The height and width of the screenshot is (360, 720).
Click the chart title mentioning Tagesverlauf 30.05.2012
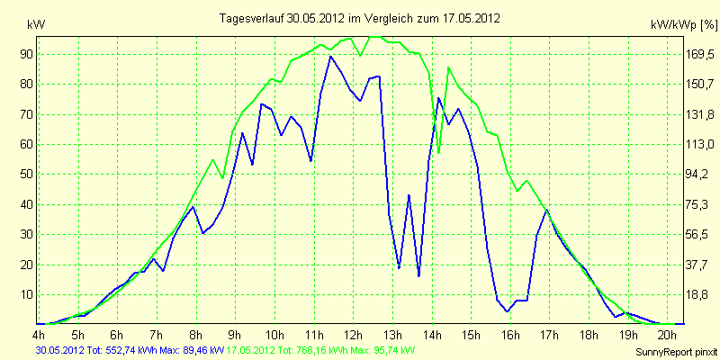pos(359,18)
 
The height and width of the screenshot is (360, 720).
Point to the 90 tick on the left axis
pos(24,55)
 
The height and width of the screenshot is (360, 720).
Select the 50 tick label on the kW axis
pos(24,175)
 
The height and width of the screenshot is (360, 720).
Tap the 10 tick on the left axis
pos(24,295)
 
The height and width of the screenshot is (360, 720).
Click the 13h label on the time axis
pos(392,334)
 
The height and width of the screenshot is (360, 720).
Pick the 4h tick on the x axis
pos(39,334)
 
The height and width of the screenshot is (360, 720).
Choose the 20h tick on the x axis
pos(668,334)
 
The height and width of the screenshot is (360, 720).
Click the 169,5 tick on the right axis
pos(699,55)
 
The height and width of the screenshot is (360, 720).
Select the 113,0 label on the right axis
pos(699,145)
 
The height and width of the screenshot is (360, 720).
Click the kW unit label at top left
pos(36,25)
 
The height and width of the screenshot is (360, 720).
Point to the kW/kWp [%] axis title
pos(684,25)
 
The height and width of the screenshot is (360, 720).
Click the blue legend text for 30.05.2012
pos(130,351)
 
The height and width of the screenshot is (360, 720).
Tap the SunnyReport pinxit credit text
pos(676,352)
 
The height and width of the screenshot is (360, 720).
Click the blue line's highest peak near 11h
pos(330,56)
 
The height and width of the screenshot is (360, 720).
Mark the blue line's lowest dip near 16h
pos(508,311)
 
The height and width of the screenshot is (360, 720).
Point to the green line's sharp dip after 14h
pos(438,152)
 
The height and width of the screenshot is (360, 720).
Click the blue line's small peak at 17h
pos(547,211)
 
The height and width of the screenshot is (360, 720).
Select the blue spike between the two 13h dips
pos(409,195)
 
